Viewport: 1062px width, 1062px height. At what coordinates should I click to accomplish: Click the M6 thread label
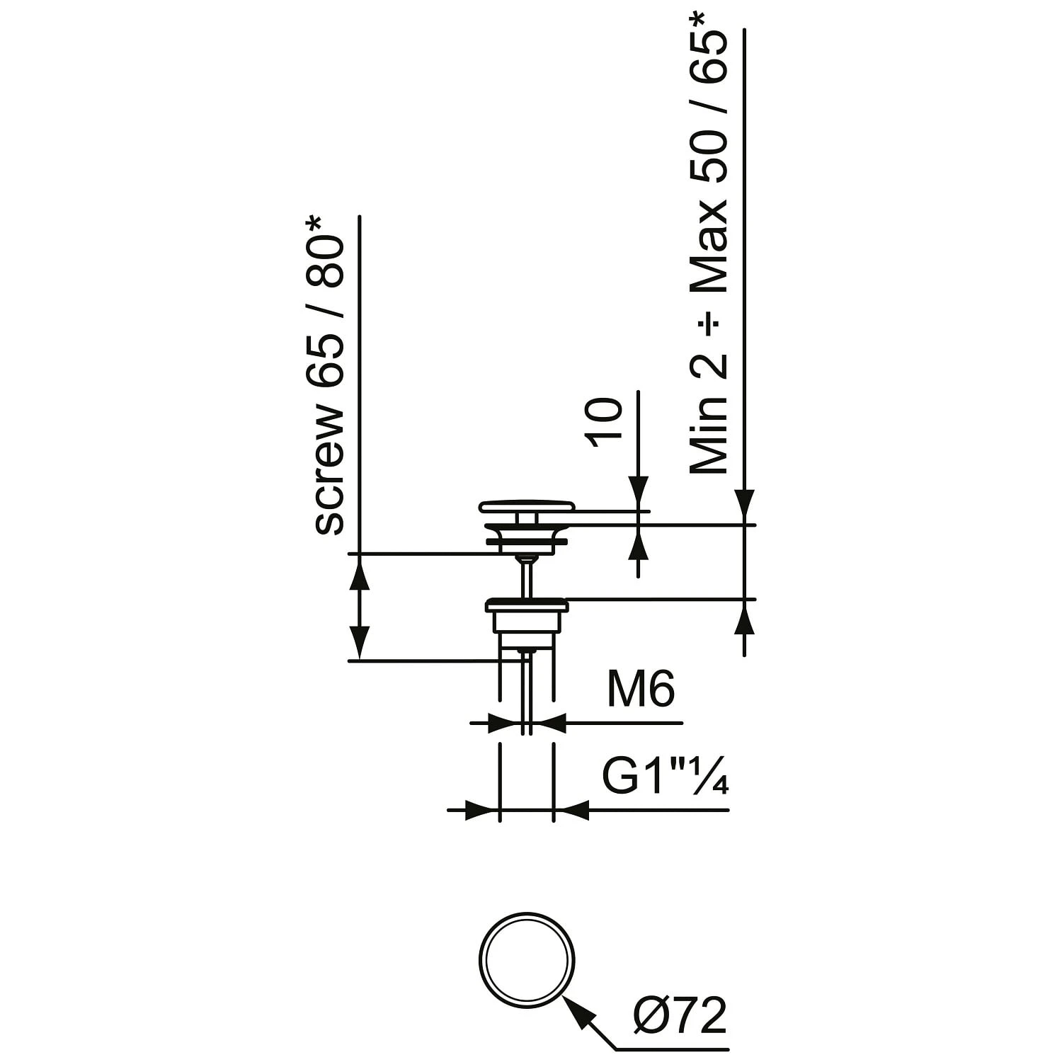(641, 689)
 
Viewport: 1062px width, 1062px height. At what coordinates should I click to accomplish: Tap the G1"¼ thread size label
(666, 777)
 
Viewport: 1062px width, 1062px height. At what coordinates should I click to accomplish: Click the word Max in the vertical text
(709, 245)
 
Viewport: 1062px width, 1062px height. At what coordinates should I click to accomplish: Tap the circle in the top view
(527, 914)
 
